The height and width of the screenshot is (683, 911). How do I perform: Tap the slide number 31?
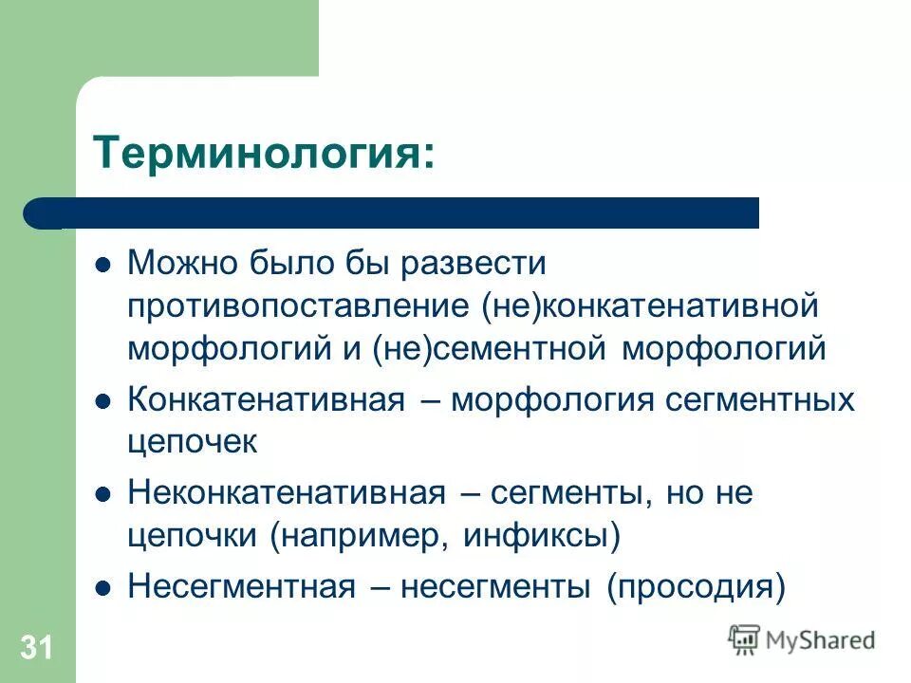36,648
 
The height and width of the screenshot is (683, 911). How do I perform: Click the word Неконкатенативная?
287,493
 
